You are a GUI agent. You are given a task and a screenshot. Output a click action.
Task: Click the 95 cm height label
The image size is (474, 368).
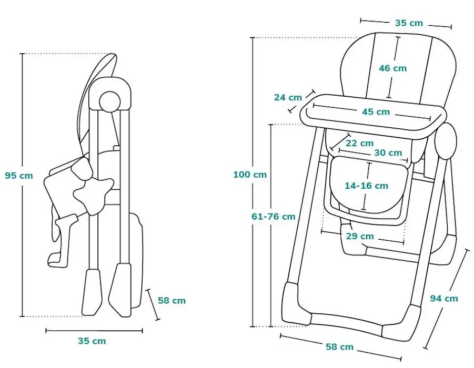point(19,176)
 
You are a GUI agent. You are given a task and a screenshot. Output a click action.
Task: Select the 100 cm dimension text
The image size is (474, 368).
point(250,175)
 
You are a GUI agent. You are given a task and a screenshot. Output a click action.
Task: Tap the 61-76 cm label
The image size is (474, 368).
point(274,216)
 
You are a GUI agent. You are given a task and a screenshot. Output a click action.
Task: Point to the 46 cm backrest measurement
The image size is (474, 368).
point(392,68)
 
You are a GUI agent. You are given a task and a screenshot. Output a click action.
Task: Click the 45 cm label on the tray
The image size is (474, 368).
point(376,111)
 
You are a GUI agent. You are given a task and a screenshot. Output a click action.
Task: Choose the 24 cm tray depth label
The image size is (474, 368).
point(288,97)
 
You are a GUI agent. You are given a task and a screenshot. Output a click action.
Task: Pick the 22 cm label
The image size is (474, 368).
point(360,143)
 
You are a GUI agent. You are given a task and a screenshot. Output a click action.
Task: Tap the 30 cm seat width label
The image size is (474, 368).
point(388,153)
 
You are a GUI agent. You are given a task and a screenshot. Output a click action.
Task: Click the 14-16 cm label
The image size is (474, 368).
point(366,186)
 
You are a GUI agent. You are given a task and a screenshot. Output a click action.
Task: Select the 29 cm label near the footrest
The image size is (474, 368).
point(360,236)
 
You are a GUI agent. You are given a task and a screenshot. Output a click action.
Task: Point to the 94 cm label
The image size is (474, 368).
point(444,299)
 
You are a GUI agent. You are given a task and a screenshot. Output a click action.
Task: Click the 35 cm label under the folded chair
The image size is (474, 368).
point(92,341)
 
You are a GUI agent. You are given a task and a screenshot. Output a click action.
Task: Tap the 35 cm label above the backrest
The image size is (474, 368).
point(409,23)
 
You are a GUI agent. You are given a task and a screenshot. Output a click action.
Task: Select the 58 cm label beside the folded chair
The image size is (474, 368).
point(172,301)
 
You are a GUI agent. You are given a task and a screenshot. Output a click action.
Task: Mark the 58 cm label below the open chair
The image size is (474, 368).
point(339,347)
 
